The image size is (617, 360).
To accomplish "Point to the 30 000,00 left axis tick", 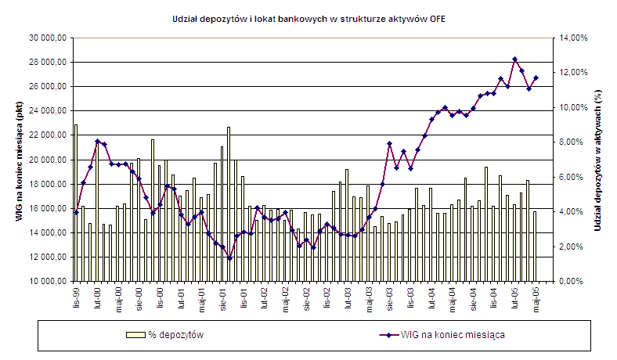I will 46,38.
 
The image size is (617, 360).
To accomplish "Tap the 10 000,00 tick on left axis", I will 46,281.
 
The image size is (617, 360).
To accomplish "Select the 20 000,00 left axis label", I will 46,160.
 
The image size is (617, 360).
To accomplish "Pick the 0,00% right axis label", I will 571,281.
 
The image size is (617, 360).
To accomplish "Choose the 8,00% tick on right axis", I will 571,142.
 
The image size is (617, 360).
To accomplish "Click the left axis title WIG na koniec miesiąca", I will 17,159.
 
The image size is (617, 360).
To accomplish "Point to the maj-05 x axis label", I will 536,298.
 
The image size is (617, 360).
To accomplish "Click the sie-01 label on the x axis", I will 222,298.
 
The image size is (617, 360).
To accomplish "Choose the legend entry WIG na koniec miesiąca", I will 449,335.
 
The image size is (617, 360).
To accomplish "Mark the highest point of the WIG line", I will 514,59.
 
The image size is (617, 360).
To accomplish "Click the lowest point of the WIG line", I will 229,258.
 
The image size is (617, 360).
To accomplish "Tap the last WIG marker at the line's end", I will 536,77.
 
